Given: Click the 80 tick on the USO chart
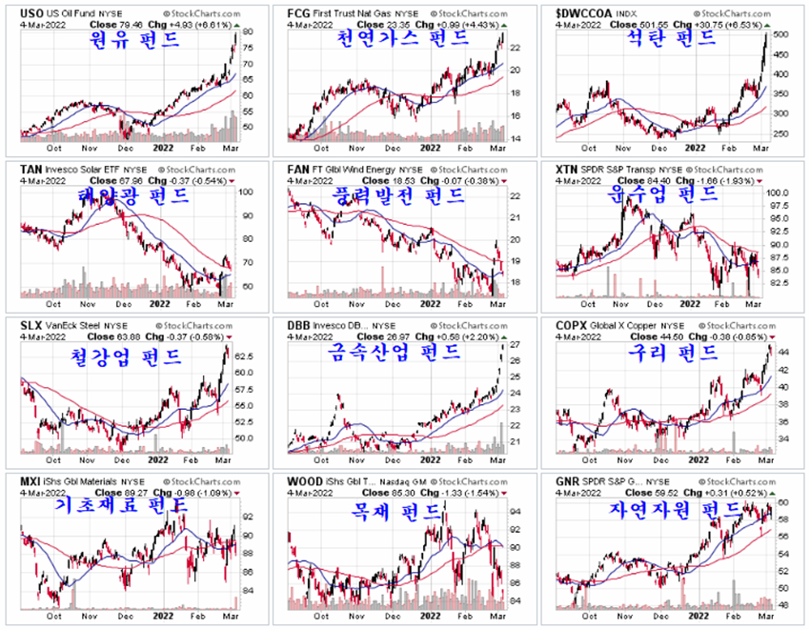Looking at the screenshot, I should click(x=247, y=31).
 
